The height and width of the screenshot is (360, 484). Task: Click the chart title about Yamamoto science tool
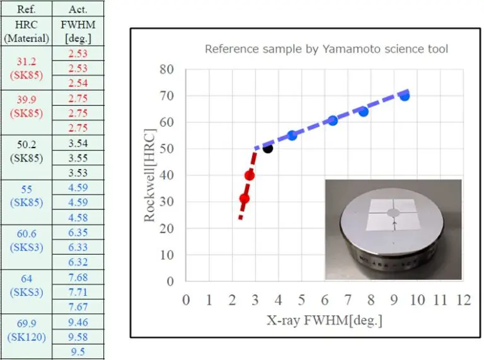(x=326, y=49)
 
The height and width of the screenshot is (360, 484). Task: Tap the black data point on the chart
(x=267, y=148)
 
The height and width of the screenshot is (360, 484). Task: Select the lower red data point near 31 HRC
(x=245, y=199)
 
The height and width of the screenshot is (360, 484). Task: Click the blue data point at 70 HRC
(x=405, y=96)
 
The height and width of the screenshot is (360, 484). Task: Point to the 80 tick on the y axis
(x=166, y=69)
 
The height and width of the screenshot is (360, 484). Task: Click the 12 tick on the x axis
(x=464, y=299)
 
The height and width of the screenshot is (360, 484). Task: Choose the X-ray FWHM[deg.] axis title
(x=325, y=320)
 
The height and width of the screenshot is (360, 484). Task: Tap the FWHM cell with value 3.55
(x=78, y=158)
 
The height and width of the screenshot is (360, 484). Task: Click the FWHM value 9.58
(x=78, y=338)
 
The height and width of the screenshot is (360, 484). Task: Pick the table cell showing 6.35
(x=78, y=232)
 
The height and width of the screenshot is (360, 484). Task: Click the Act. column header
(x=78, y=9)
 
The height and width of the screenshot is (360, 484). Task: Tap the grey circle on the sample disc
(x=393, y=214)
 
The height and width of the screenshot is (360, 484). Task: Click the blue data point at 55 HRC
(x=292, y=136)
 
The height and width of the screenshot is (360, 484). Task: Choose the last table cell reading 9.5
(x=78, y=352)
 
